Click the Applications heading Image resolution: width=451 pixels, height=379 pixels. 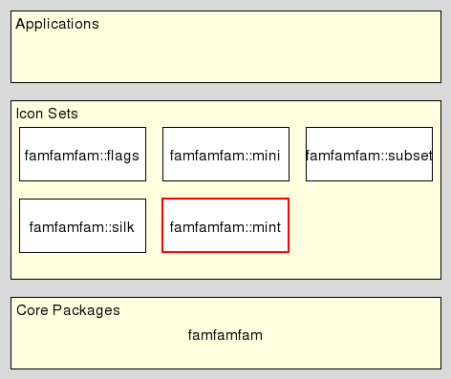coord(57,24)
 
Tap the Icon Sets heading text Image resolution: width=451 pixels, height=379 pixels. coord(47,114)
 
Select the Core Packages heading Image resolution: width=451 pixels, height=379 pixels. coord(68,310)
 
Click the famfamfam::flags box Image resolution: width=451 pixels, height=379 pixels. coord(82,155)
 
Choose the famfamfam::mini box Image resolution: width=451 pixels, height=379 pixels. coord(225,155)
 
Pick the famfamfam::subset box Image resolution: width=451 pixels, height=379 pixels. coord(369,155)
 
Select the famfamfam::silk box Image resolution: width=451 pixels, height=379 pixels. coord(82,226)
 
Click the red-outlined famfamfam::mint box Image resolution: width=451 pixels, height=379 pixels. coord(225,226)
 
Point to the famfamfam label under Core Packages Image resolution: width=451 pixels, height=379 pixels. coord(225,335)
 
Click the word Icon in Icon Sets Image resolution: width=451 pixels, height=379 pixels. coord(29,114)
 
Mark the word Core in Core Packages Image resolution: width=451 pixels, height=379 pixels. coord(32,310)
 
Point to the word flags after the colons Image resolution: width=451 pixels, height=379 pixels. coord(123,155)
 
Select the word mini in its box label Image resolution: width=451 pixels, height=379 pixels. coord(267,155)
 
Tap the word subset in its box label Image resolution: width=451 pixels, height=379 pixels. coord(412,155)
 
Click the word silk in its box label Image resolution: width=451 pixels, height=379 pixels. coord(123,226)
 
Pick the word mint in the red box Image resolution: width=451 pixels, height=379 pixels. coord(267,226)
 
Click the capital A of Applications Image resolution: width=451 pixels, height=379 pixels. coord(20,24)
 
